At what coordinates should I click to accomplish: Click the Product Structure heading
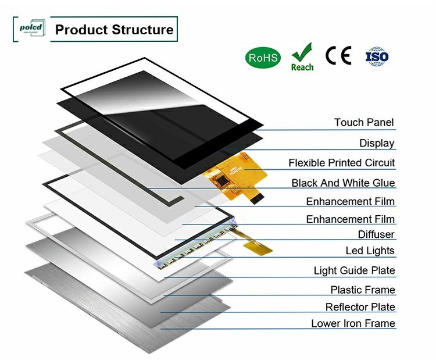(x=114, y=30)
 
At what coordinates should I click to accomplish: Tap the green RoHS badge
(x=263, y=57)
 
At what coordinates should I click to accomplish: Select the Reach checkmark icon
(x=302, y=57)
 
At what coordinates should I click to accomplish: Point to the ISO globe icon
(x=377, y=56)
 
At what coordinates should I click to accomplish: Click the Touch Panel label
(x=364, y=123)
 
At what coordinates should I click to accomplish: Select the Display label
(x=377, y=143)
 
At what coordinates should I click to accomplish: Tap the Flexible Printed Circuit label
(x=342, y=163)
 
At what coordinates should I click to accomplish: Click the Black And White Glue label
(x=343, y=183)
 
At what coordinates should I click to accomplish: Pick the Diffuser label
(x=376, y=234)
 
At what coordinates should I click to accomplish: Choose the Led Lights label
(x=370, y=251)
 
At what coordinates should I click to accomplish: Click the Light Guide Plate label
(x=354, y=270)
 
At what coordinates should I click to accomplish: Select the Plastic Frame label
(x=363, y=290)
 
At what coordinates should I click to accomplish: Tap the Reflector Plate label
(x=360, y=306)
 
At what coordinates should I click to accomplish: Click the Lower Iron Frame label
(x=353, y=323)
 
